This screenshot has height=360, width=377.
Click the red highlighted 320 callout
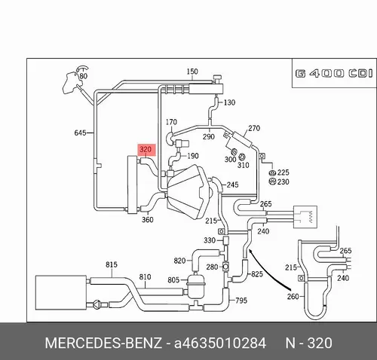tap(146, 150)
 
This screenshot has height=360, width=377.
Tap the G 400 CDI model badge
tap(334, 74)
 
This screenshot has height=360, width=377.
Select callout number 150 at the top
tap(192, 72)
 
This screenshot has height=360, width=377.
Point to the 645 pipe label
tap(80, 133)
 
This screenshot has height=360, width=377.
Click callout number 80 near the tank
tap(83, 76)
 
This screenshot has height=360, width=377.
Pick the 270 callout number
tap(254, 128)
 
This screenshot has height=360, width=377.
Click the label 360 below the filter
tap(148, 220)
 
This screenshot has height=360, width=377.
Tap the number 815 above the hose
tap(112, 264)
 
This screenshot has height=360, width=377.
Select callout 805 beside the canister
tap(173, 280)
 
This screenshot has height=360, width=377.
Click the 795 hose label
tap(241, 301)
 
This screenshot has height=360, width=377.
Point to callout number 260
tap(293, 297)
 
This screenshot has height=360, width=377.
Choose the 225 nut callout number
tap(284, 172)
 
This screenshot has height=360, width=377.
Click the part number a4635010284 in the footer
tap(220, 343)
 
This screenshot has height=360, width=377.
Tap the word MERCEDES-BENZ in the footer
tap(103, 343)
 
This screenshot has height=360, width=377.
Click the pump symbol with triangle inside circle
tap(97, 305)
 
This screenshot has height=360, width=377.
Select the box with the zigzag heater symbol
tap(305, 217)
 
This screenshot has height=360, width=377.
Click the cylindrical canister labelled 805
tap(196, 286)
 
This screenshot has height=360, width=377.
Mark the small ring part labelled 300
tap(234, 151)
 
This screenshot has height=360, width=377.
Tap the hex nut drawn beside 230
tap(272, 182)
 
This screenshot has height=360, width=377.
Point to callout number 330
tap(210, 240)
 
